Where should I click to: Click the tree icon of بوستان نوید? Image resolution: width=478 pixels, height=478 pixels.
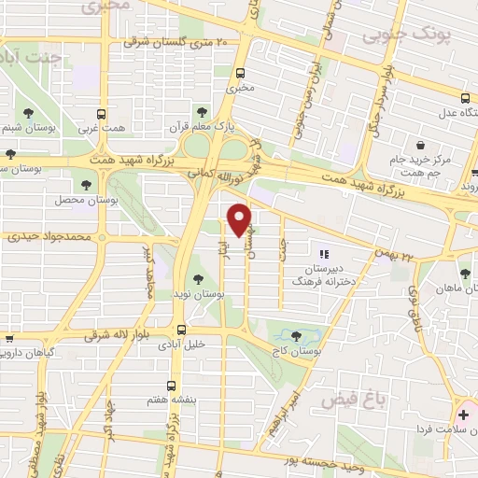coord(197,278)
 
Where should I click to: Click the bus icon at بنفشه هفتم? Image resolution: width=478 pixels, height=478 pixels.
coord(171,385)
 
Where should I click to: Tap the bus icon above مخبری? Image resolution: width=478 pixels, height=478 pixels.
coord(241,73)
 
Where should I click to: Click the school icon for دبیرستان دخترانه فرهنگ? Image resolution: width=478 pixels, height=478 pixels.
coord(324,253)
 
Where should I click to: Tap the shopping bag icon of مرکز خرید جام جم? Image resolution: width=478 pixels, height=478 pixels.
coord(423,146)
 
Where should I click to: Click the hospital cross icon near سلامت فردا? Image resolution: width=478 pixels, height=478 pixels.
coord(464,413)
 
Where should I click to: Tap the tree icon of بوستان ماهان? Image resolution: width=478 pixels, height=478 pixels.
coord(464,274)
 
